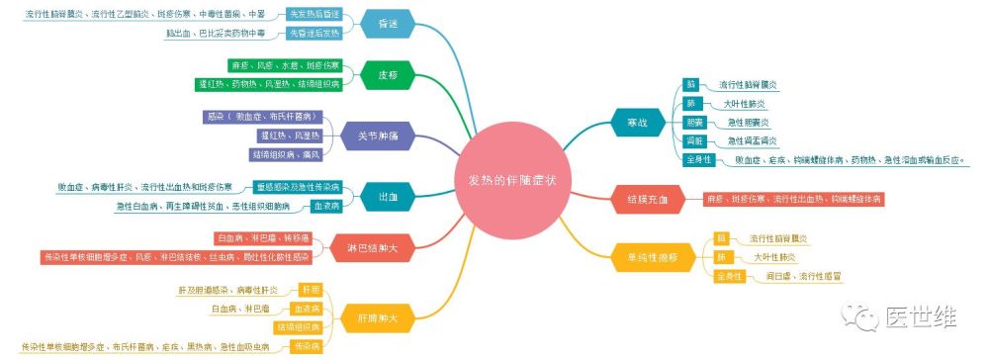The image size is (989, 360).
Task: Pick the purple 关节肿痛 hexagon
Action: pyautogui.click(x=374, y=136)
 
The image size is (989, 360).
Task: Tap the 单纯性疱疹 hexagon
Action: pyautogui.click(x=647, y=257)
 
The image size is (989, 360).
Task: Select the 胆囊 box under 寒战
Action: pyautogui.click(x=694, y=122)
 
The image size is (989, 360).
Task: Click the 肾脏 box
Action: pyautogui.click(x=694, y=140)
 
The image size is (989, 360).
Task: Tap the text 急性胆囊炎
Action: pyautogui.click(x=749, y=122)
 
